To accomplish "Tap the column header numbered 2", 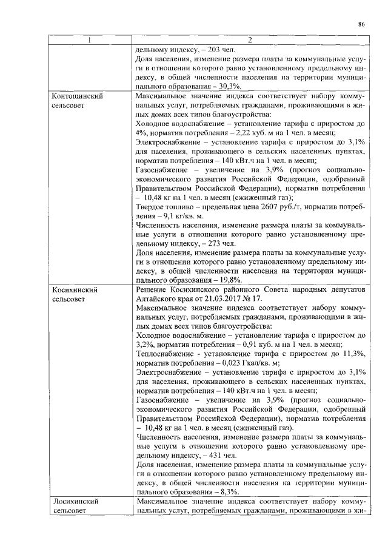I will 251,41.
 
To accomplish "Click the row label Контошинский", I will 77,96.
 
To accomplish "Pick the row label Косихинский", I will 75,290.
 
